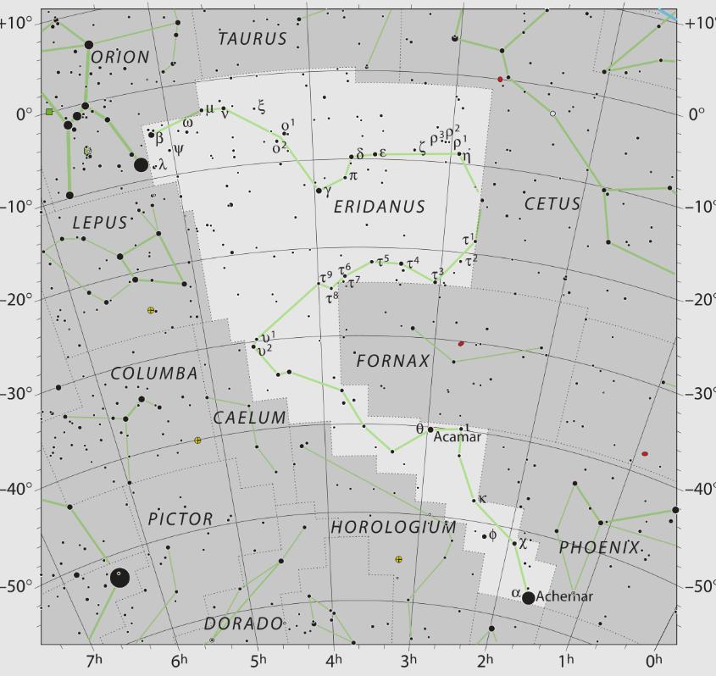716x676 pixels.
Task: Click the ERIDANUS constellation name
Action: [379, 207]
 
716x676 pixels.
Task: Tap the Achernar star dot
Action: [529, 598]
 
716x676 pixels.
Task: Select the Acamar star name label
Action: [457, 437]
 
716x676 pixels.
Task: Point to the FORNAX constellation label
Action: [393, 361]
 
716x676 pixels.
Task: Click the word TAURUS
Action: [253, 39]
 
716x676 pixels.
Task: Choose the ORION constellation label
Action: [119, 57]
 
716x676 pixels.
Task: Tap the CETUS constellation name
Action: [552, 204]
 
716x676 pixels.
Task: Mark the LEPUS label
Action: [99, 223]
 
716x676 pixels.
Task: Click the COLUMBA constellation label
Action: [154, 374]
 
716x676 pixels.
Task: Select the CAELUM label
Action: [250, 418]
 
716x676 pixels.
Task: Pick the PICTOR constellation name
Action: [180, 519]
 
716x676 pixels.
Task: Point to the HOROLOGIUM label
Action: [393, 527]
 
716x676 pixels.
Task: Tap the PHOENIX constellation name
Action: [598, 548]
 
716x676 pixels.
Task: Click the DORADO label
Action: [243, 623]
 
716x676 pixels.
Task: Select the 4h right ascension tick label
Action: [336, 660]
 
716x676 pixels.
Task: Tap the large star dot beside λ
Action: [142, 164]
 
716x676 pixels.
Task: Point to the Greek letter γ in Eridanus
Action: [327, 191]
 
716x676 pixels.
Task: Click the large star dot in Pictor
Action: [120, 578]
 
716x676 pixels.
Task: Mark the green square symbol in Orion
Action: [49, 112]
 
